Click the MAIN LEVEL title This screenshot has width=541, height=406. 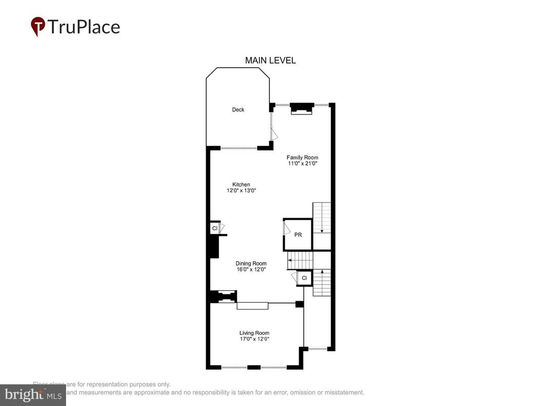(x=270, y=60)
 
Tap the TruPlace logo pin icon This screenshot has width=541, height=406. (x=37, y=26)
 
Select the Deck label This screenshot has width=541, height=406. (x=238, y=110)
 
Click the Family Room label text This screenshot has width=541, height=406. (x=302, y=158)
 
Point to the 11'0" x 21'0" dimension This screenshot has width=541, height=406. (x=302, y=164)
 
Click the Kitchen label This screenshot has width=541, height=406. (x=241, y=184)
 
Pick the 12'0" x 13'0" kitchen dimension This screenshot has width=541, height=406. (x=241, y=191)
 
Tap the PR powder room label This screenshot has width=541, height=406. (x=298, y=235)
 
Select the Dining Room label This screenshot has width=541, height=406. (x=251, y=264)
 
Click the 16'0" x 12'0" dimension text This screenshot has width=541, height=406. (x=251, y=270)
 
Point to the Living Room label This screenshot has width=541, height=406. (x=254, y=333)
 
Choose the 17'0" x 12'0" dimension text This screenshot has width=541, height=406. (x=254, y=339)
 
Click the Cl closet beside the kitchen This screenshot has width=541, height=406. (x=214, y=229)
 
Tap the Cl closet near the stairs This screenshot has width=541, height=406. (x=304, y=278)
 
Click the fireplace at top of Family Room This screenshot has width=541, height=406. (x=302, y=108)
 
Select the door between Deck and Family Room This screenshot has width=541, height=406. (x=272, y=126)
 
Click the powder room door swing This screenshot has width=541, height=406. (x=286, y=228)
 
